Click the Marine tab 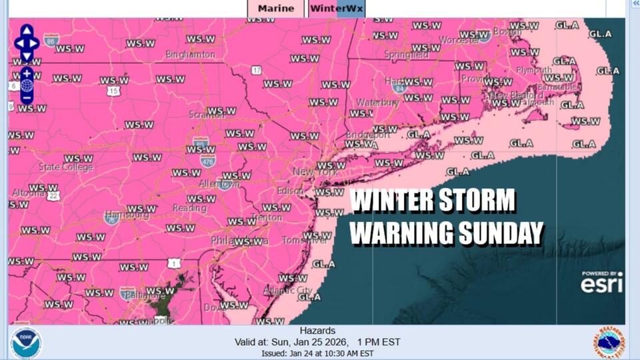(x=276, y=9)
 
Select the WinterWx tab (x=336, y=9)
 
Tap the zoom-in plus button (x=27, y=73)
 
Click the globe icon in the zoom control (x=27, y=85)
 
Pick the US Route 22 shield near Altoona (x=53, y=195)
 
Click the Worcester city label (x=455, y=41)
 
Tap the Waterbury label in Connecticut (x=377, y=102)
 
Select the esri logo (x=601, y=284)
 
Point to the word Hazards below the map (x=317, y=331)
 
